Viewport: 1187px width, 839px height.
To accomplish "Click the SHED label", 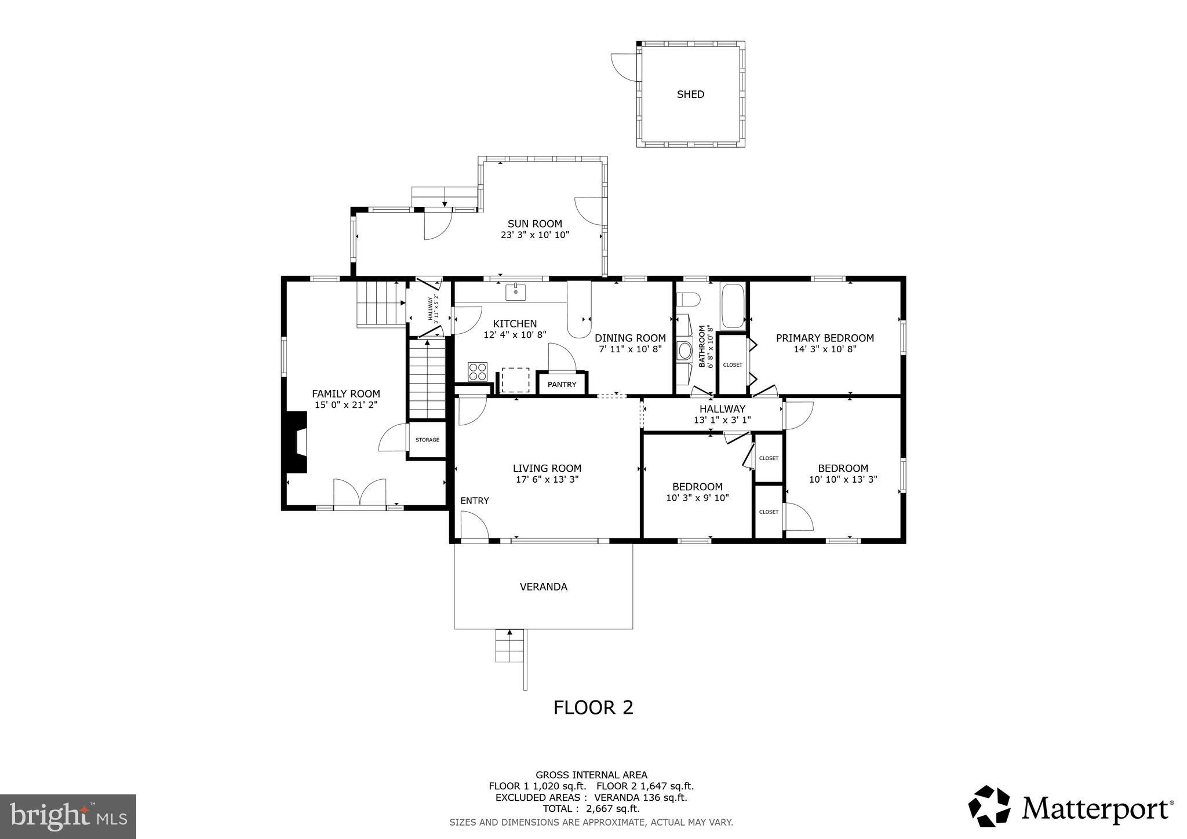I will tap(690, 94).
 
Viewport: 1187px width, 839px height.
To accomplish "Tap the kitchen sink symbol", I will tap(515, 292).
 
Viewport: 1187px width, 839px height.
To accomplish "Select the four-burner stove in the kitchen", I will tap(478, 371).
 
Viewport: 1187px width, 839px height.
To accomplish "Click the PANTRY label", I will tap(562, 385).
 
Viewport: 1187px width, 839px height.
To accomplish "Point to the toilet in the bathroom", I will tap(689, 300).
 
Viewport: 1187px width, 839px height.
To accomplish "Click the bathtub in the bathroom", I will tap(733, 305).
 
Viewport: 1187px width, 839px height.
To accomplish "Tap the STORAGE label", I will tap(427, 440).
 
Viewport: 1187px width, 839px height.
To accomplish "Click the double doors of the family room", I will tap(359, 493).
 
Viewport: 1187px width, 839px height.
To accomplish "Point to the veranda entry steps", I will tap(510, 646).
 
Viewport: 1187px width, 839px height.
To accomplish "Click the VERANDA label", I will tap(543, 587).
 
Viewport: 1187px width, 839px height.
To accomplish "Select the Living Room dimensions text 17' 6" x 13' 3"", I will tap(547, 480).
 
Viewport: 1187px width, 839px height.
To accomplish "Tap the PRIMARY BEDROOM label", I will tap(825, 338).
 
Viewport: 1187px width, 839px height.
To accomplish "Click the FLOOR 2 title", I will tap(593, 707).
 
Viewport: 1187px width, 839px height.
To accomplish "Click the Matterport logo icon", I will tap(989, 805).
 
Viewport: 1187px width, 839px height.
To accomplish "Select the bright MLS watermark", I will tap(68, 817).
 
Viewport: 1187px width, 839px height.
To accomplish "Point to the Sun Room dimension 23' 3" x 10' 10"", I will tap(534, 235).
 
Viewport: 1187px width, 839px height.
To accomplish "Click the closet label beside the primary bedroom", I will tap(733, 365).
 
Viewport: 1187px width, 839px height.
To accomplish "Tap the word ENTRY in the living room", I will tap(474, 501).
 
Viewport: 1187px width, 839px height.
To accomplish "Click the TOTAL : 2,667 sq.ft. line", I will tap(591, 809).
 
